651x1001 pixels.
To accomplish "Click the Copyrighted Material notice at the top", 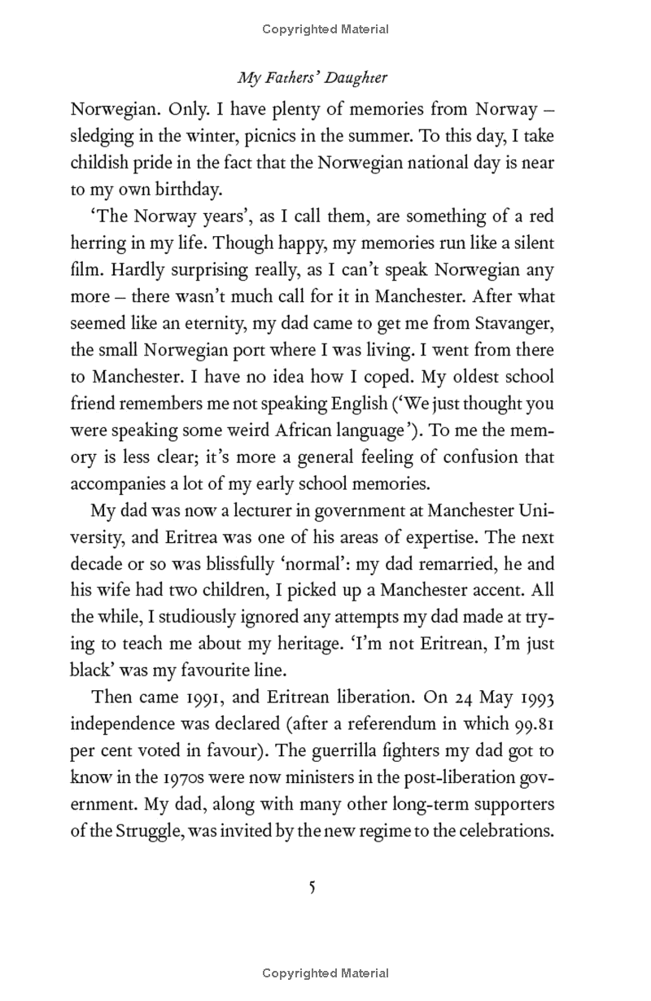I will [325, 29].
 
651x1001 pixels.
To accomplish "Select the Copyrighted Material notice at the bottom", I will [325, 973].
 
